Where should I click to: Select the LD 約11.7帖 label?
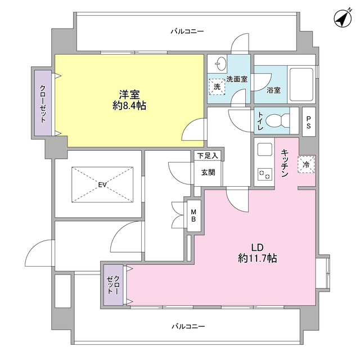(x=257, y=253)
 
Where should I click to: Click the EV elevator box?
(x=102, y=184)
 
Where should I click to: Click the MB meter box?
(x=193, y=215)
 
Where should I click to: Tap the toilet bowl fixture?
(x=276, y=121)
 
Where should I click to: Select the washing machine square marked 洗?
(x=217, y=87)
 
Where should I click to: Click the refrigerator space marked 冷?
(x=306, y=165)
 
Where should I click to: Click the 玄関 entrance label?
(x=208, y=173)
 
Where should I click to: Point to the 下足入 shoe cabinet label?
(x=208, y=155)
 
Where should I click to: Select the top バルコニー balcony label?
(x=187, y=31)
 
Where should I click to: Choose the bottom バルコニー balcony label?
(x=188, y=327)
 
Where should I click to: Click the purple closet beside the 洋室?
(x=43, y=103)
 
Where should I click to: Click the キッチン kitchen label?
(x=285, y=163)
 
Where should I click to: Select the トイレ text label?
(x=260, y=121)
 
